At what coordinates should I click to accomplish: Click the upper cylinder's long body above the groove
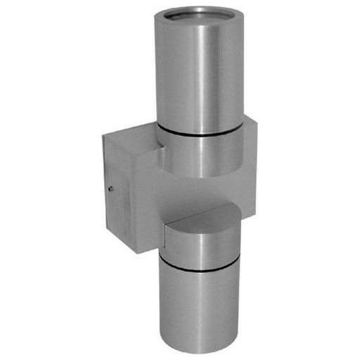(x=200, y=77)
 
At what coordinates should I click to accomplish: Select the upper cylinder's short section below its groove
(x=200, y=155)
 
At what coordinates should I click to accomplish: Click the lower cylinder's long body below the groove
(x=200, y=309)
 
